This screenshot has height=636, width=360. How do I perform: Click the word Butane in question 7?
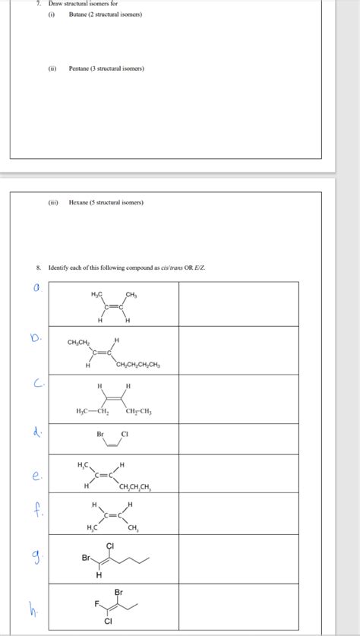(78, 14)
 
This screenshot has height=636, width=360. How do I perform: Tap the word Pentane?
(80, 68)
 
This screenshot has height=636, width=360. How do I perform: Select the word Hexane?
(79, 202)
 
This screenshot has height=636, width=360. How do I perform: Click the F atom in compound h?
(96, 604)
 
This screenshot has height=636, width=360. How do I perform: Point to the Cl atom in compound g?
(110, 546)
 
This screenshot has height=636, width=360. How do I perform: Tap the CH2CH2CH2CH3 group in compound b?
(138, 365)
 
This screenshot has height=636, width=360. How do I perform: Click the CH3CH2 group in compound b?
(80, 342)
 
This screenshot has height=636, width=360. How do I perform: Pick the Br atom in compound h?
(118, 591)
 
